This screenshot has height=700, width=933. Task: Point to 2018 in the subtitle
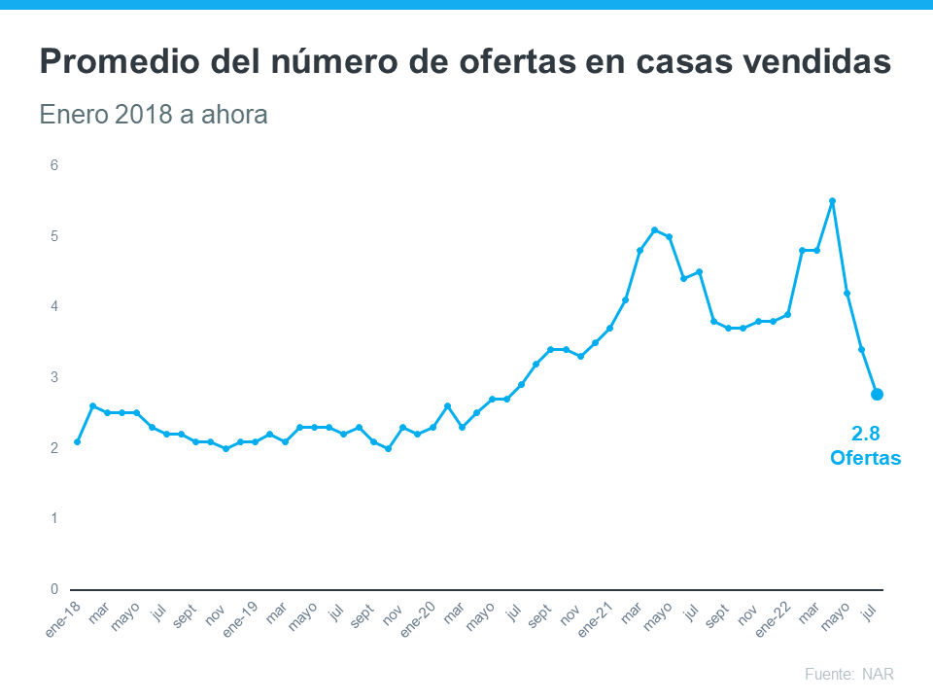142,115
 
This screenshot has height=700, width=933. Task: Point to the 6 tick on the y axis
54,165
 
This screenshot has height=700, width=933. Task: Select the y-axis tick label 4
54,306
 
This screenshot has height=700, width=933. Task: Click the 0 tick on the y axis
54,589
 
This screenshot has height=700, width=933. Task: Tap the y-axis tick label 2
54,448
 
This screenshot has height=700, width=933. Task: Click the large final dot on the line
877,394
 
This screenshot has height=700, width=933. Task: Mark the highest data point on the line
832,201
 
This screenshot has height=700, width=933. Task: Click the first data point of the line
77,441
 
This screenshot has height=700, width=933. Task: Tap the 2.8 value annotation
865,434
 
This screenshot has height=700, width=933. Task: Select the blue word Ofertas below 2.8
865,457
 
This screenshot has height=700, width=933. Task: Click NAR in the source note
878,674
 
